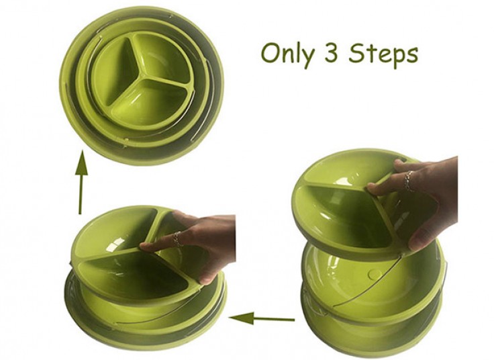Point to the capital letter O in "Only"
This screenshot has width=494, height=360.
270,54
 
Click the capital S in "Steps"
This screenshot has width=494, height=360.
356,53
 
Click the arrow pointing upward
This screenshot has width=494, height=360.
81,182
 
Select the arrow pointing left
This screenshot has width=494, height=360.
262,318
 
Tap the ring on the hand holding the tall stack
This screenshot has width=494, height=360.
408,181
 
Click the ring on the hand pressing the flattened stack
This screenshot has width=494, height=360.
178,238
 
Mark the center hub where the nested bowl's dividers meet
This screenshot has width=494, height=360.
144,76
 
